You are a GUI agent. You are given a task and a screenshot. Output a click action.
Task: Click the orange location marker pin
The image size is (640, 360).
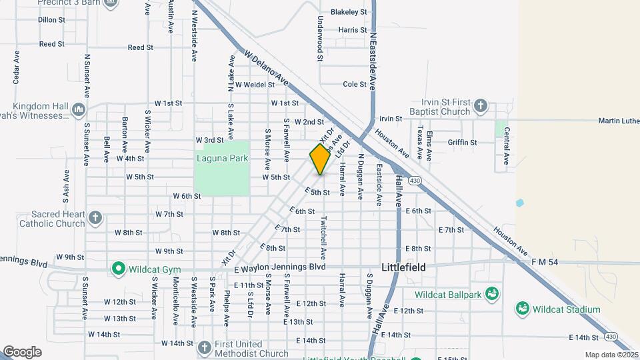pyautogui.click(x=320, y=159)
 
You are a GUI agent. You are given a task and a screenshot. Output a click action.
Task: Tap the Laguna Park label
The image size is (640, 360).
pyautogui.click(x=222, y=158)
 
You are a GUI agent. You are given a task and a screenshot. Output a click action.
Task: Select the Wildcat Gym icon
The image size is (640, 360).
pyautogui.click(x=119, y=269)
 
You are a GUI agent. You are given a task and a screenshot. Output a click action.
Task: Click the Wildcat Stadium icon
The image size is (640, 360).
pyautogui.click(x=523, y=309)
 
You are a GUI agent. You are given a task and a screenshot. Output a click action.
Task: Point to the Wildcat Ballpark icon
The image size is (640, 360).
pyautogui.click(x=492, y=294)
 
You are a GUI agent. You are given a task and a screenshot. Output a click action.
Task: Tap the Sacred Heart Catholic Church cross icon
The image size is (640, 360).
pyautogui.click(x=95, y=218)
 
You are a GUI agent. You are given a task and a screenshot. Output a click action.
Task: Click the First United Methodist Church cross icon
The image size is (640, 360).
pyautogui.click(x=205, y=347)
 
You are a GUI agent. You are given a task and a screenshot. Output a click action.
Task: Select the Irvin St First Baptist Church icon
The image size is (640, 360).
pyautogui.click(x=480, y=105)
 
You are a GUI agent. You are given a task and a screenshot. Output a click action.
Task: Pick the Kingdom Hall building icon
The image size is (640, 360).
pyautogui.click(x=79, y=109)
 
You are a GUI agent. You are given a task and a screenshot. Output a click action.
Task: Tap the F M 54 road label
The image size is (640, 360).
pyautogui.click(x=545, y=263)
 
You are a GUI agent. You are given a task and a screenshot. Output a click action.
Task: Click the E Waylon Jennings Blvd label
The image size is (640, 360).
pyautogui.click(x=280, y=267)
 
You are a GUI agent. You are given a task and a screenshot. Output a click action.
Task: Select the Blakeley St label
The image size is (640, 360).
pyautogui.click(x=349, y=12)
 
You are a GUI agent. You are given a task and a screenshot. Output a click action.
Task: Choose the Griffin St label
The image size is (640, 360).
pyautogui.click(x=462, y=142)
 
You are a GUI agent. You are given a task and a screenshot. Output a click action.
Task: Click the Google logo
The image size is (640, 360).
pyautogui.click(x=22, y=351)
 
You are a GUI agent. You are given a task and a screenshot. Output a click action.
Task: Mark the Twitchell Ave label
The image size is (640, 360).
pyautogui.click(x=323, y=237)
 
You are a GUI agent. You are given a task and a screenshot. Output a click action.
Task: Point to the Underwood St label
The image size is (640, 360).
pyautogui.click(x=321, y=39)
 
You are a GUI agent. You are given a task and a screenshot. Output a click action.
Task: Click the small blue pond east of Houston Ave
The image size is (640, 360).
pyautogui.click(x=520, y=203)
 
